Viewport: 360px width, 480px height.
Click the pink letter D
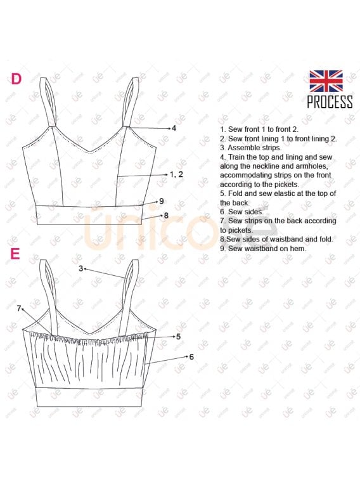point(16,79)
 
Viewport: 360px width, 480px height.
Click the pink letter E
point(15,254)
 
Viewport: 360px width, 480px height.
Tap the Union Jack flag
point(326,81)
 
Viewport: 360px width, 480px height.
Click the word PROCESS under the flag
point(330,102)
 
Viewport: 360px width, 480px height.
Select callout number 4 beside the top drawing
point(174,128)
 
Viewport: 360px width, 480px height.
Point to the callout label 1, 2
point(176,174)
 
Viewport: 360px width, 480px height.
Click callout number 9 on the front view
point(162,202)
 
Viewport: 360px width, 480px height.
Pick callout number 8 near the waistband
point(166,216)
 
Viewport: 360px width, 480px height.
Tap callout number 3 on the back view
point(80,268)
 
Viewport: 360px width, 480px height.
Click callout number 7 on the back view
point(19,309)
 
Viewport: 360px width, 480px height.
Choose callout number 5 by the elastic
point(178,337)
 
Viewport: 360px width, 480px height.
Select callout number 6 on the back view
point(191,356)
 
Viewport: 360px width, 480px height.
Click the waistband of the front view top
point(89,216)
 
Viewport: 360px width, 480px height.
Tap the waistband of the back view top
point(89,397)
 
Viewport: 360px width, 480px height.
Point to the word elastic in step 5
point(288,193)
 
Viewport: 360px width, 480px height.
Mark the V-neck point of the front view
point(89,152)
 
